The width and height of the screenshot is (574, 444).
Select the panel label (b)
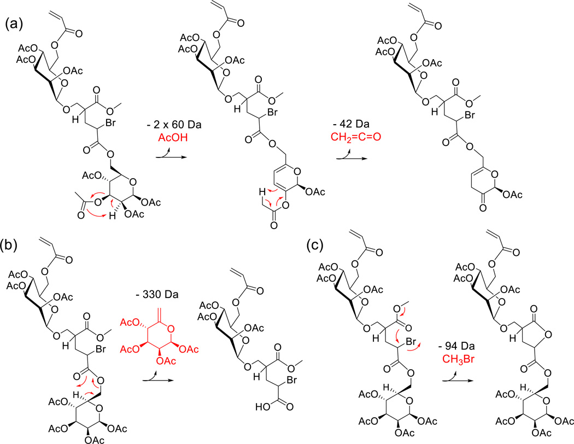click(14, 252)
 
